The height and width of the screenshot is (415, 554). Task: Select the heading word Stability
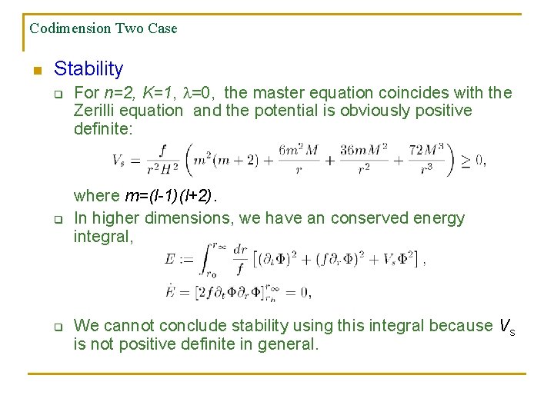(88, 69)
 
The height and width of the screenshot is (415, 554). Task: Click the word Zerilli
(96, 111)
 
